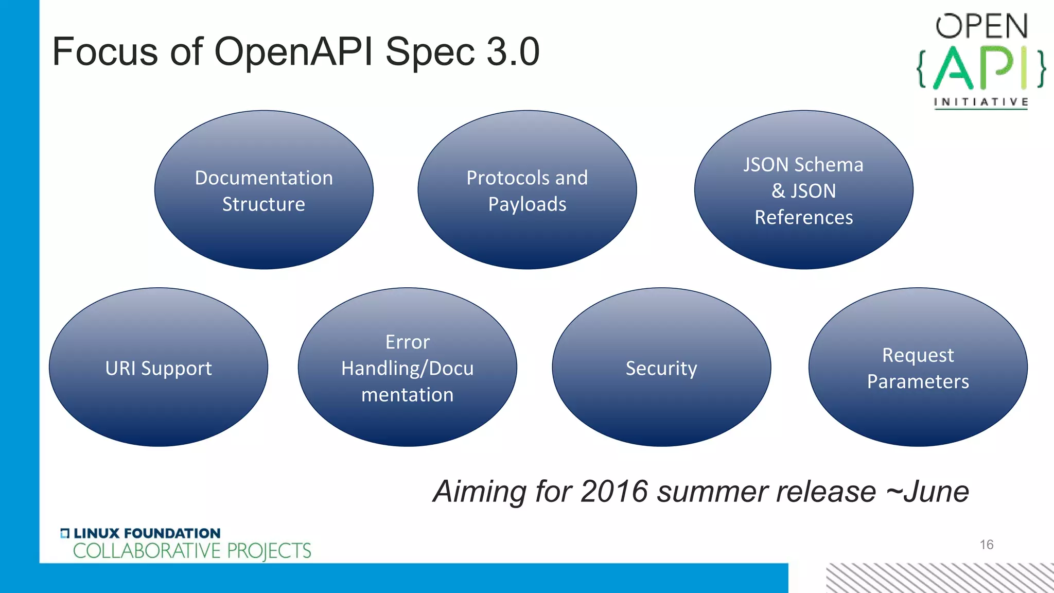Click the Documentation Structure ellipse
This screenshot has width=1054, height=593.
coord(263,190)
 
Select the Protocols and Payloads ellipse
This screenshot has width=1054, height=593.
coord(527,190)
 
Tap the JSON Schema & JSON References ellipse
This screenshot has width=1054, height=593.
coord(803,190)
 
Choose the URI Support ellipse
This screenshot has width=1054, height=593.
coord(159,367)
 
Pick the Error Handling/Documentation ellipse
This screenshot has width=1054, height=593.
coord(407,367)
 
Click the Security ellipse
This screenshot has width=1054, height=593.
coord(661,367)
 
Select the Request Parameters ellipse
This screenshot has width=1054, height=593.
coord(918,367)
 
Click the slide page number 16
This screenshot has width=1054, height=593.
coord(986,545)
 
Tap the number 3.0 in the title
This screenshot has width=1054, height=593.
coord(513,52)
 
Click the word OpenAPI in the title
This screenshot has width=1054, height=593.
coord(293,52)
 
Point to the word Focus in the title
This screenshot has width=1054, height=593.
coord(105,52)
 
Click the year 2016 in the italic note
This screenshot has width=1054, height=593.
coord(613,491)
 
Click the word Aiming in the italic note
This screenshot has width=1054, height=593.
coord(480,492)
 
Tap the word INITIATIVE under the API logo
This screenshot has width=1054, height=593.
coord(981,102)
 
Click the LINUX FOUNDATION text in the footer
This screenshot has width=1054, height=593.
coord(146,533)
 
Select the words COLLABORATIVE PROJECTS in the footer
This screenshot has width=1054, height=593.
coord(192,551)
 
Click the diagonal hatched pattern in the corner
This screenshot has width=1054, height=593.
coord(939,578)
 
